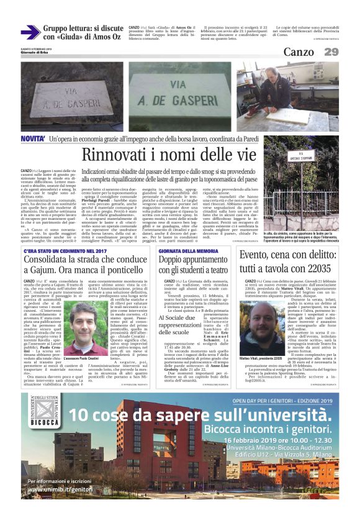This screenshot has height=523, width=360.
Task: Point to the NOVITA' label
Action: point(32,139)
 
